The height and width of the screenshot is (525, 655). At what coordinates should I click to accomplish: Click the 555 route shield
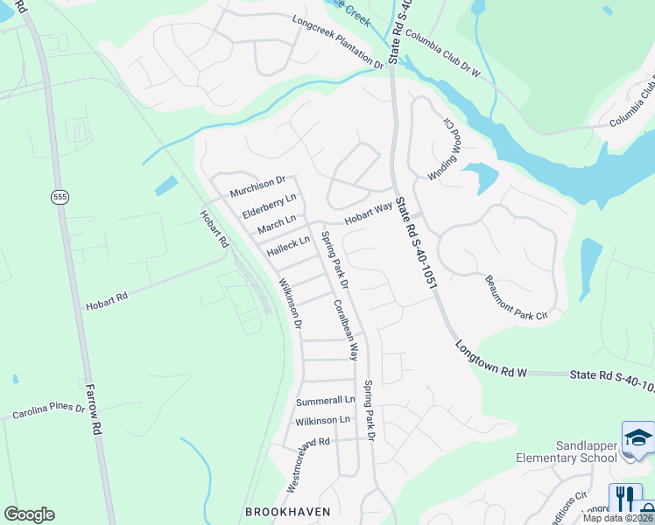click(60, 198)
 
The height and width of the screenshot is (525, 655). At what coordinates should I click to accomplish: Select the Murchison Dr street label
click(257, 185)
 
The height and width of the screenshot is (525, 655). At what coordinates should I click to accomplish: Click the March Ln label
click(277, 224)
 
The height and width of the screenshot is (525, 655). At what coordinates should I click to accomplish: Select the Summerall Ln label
click(325, 401)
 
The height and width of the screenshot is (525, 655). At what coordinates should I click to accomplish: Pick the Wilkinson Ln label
click(322, 420)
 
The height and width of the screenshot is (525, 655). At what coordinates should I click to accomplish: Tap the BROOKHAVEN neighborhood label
click(287, 511)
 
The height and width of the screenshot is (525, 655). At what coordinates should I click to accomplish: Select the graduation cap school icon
click(638, 437)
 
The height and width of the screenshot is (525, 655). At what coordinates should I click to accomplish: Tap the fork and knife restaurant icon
click(624, 499)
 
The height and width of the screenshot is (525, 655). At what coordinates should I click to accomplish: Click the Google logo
click(29, 514)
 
